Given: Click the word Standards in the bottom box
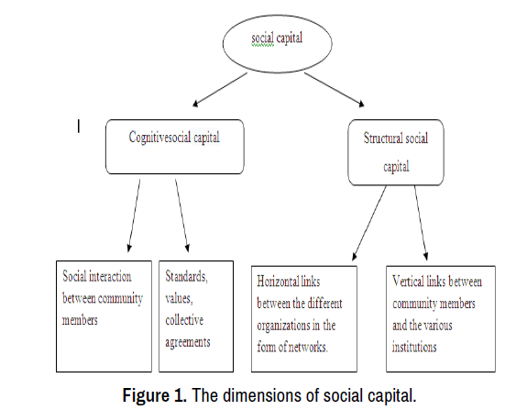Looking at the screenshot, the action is [x=186, y=276].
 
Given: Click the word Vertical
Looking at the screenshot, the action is [x=407, y=281].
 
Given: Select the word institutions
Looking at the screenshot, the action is [x=414, y=347].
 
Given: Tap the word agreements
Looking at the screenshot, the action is [x=188, y=342].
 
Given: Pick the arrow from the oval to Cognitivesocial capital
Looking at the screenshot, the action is [x=220, y=90].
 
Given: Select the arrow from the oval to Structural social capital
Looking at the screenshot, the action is [x=335, y=90].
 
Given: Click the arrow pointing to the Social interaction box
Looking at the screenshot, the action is [x=134, y=216].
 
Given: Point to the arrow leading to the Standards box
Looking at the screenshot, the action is [x=182, y=216].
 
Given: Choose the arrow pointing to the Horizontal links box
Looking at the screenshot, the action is [x=369, y=223].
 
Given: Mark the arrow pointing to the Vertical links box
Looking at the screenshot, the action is [x=421, y=223].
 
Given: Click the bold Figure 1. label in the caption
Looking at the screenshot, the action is [x=155, y=395].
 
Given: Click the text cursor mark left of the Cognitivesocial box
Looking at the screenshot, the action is [x=79, y=127].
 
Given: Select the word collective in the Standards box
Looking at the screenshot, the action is [x=184, y=320].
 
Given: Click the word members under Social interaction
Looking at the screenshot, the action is [x=80, y=320].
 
